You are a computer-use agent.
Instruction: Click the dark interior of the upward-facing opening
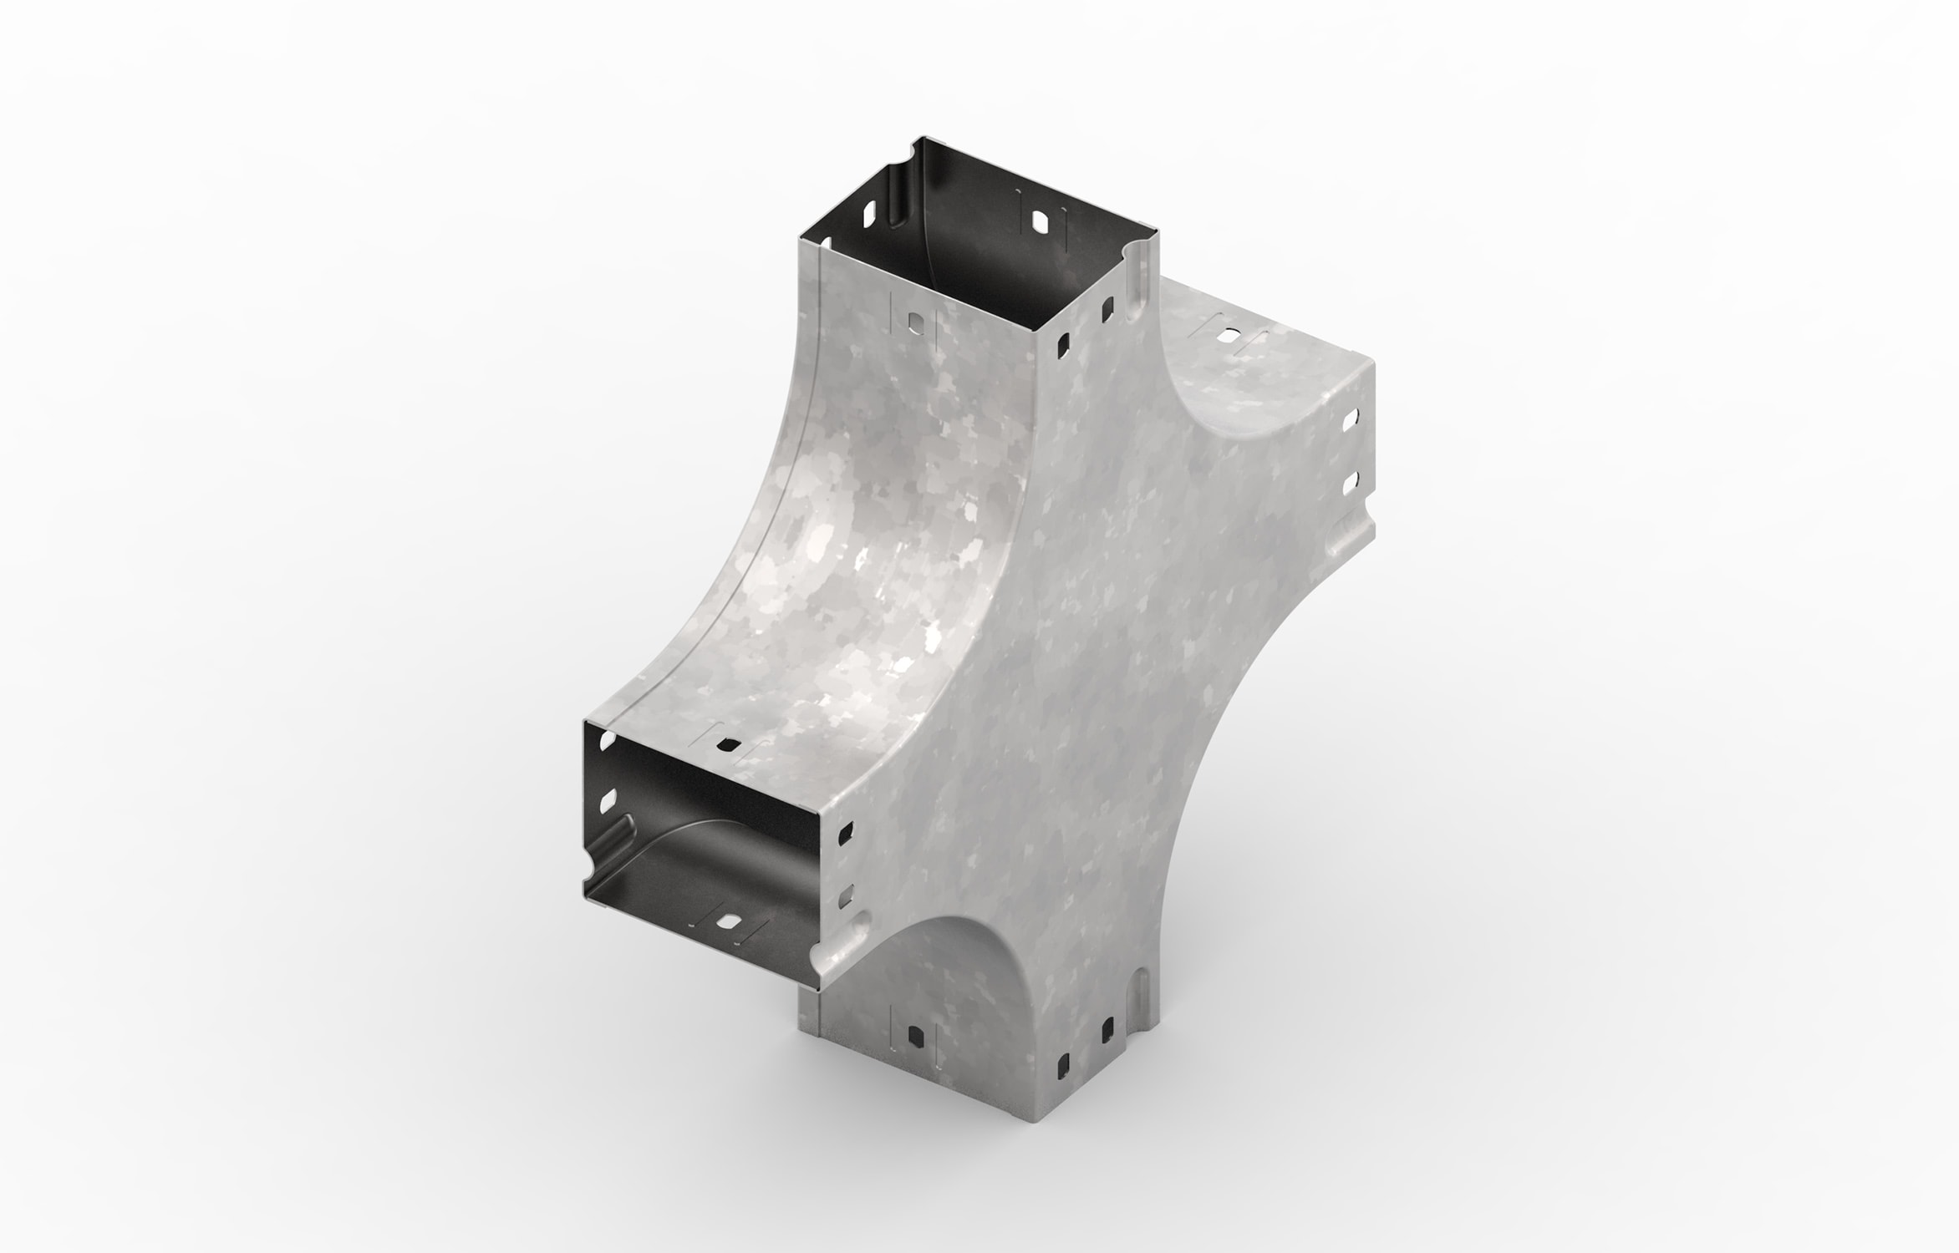tap(961, 251)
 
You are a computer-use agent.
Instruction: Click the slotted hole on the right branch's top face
tap(1229, 338)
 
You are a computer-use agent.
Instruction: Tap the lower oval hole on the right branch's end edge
tap(1348, 482)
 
